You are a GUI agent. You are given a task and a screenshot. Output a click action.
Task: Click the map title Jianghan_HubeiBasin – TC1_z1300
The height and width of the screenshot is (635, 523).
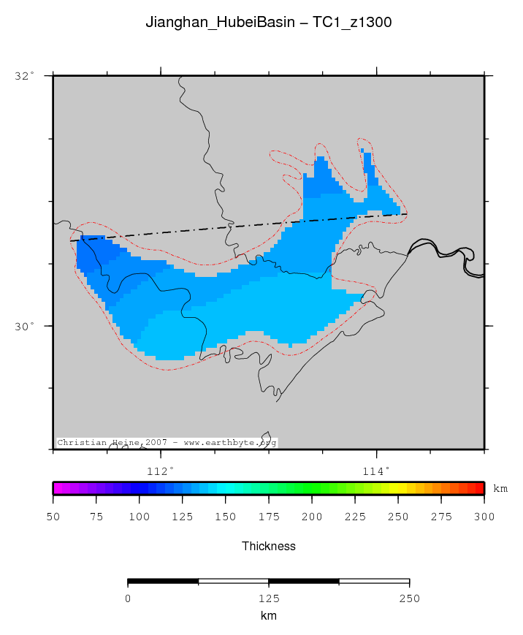coord(269,23)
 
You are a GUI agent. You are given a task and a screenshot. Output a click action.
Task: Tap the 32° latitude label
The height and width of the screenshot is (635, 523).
coord(25,75)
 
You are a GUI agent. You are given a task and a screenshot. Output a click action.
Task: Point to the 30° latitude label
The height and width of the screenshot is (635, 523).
coord(25,326)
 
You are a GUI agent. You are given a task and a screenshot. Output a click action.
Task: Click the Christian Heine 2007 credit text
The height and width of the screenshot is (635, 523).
coord(167,443)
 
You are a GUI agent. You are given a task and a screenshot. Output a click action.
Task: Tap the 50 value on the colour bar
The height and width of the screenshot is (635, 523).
coord(53,517)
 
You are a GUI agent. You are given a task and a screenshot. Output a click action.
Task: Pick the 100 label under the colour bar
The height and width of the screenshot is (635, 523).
coord(140,517)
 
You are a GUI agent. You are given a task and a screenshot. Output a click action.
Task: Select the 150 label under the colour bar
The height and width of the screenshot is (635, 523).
coord(226,517)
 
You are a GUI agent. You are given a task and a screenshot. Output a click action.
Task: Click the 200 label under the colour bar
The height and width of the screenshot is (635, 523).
coord(312,517)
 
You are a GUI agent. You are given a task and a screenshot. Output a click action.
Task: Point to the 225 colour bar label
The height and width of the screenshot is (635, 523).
coord(355,517)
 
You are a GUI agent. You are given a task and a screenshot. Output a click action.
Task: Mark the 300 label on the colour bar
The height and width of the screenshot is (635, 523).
coord(484,517)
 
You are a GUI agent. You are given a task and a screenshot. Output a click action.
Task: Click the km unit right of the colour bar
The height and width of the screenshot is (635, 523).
coord(501,489)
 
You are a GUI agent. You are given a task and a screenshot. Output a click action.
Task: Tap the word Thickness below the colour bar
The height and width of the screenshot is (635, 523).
coord(269,546)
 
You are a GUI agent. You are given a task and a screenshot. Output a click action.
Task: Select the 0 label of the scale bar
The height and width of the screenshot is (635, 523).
coord(128,598)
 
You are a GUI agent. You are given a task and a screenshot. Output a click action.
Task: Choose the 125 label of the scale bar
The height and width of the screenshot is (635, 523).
coord(269,598)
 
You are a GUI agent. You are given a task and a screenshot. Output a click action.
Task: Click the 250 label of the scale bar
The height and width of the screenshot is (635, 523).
coord(409,598)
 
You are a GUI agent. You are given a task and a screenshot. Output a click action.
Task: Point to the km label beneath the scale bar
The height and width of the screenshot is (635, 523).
coord(269,616)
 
